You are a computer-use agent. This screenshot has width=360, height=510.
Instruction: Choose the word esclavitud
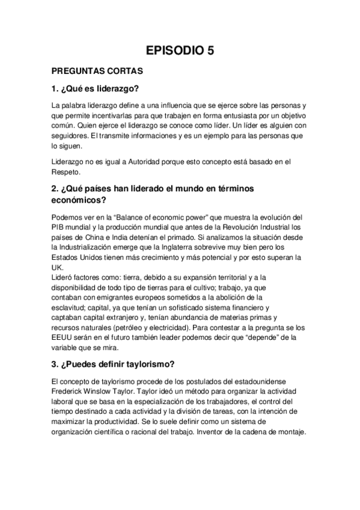click(x=72, y=307)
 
